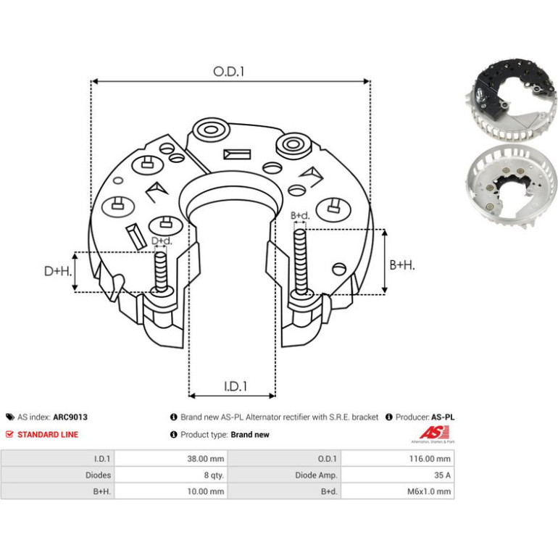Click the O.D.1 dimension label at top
(x=228, y=72)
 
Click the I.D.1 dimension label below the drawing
(x=236, y=386)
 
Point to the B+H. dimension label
(x=402, y=265)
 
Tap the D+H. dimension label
(x=58, y=271)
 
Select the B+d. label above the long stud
(x=300, y=215)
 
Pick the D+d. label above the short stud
(x=162, y=241)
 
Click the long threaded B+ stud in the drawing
(x=301, y=262)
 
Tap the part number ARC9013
(x=70, y=417)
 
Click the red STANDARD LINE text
(x=48, y=435)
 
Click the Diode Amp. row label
(x=316, y=475)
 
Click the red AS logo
(x=433, y=433)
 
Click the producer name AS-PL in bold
(x=443, y=417)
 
